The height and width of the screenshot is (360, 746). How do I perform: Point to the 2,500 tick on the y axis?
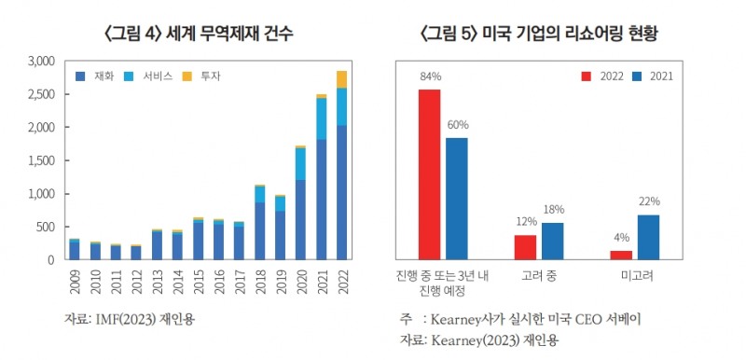pos(38,94)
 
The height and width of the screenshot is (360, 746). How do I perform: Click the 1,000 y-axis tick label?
pos(38,194)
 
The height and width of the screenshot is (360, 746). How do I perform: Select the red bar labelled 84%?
pos(429,173)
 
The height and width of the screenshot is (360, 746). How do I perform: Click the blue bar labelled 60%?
pos(456,198)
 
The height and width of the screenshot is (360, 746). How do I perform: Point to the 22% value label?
pos(649,201)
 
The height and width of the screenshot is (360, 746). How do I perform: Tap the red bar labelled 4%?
pos(621,255)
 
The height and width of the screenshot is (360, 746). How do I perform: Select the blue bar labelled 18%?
pos(553,241)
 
